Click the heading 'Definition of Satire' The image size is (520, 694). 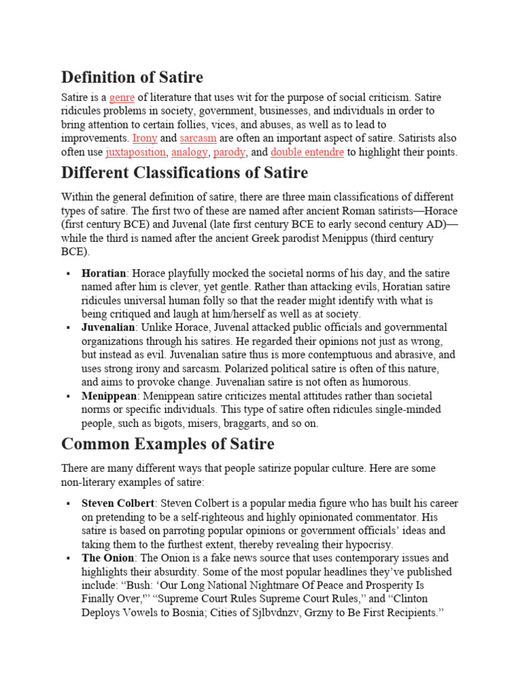pos(132,77)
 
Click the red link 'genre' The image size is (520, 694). pos(122,98)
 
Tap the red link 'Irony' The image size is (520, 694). pos(145,138)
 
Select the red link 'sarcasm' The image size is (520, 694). pos(198,138)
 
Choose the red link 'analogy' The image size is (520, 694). pos(190,152)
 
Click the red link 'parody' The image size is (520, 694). pos(229,152)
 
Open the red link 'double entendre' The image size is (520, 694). pos(307,152)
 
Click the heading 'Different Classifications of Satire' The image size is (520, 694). pos(184,173)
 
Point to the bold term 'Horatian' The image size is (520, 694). pos(104,274)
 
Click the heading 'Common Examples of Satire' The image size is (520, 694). pos(168,444)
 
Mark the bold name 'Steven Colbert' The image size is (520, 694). pos(117,504)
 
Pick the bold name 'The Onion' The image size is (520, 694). pos(106,558)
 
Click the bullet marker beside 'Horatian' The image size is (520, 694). pos(68,274)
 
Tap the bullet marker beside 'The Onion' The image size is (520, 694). pos(68,558)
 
